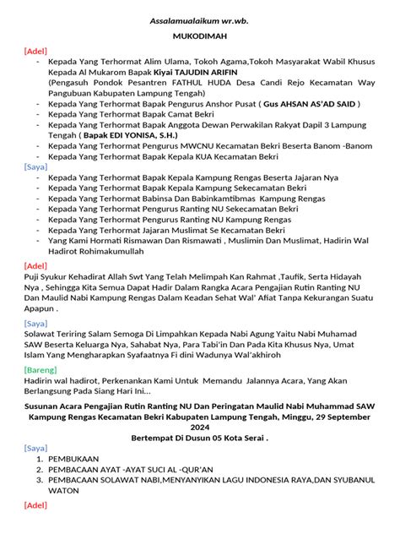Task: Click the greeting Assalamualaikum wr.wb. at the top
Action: [x=200, y=19]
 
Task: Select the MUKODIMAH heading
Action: [x=200, y=38]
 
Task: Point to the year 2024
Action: [x=200, y=428]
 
